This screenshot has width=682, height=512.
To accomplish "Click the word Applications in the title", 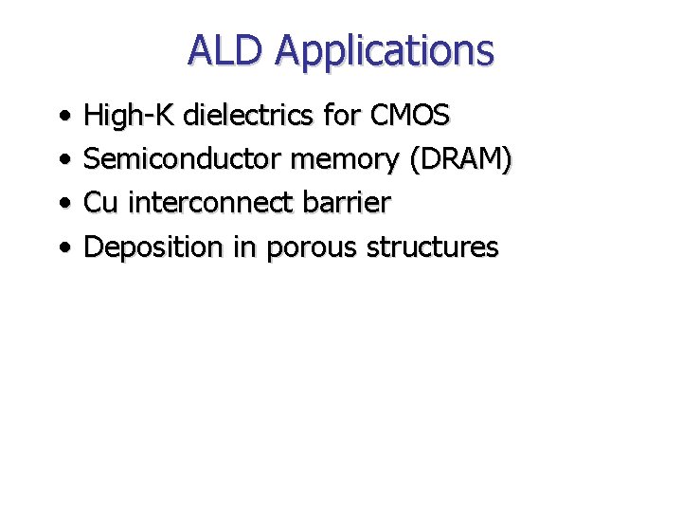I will [x=384, y=51].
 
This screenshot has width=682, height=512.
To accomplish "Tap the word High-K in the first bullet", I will [x=130, y=117].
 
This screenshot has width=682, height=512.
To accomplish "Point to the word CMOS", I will [x=410, y=116].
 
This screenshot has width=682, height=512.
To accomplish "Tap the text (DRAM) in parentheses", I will [x=461, y=160].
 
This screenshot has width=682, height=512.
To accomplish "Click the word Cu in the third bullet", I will [x=100, y=203].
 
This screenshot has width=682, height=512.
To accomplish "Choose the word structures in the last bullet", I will [x=432, y=247].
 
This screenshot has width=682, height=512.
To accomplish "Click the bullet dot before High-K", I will [x=63, y=118].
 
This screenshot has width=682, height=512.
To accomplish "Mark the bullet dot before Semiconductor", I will [x=63, y=161].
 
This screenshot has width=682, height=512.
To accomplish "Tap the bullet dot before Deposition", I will [x=63, y=248].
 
